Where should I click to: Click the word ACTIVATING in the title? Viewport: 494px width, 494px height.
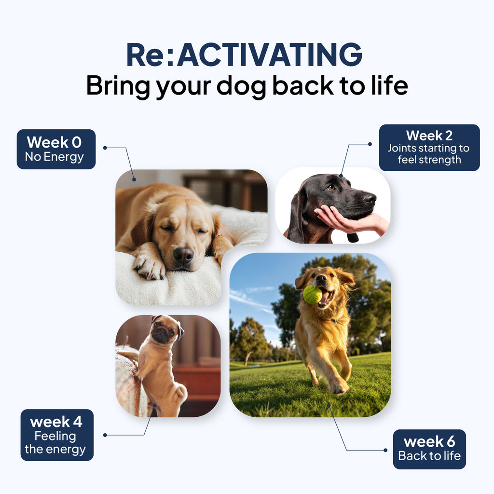(269, 55)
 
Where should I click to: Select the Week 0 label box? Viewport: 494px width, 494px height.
(56, 149)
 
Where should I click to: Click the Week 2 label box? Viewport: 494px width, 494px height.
(429, 148)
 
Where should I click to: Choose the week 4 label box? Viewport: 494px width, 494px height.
(57, 435)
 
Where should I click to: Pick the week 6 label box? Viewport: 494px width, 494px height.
(429, 449)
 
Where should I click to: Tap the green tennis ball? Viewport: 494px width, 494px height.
(312, 294)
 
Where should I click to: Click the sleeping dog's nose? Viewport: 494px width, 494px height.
(183, 255)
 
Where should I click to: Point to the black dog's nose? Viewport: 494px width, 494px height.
(369, 197)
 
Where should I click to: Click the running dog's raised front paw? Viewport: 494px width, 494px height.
(338, 386)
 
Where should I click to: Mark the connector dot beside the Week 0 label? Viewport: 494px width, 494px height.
(105, 148)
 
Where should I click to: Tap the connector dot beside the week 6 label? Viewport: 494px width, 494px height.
(385, 450)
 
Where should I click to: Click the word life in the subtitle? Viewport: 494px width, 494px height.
(388, 85)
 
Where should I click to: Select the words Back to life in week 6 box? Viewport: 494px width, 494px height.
(429, 456)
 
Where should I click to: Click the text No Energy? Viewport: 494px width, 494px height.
(55, 157)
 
